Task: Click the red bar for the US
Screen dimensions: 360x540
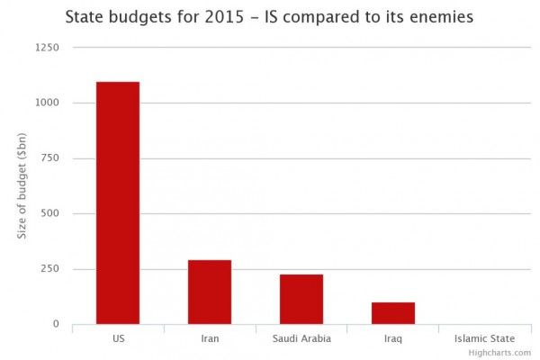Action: tap(118, 202)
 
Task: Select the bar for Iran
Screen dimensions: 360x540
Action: tap(210, 292)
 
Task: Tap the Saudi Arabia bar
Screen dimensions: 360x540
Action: tap(301, 299)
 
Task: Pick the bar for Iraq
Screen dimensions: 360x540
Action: tap(393, 313)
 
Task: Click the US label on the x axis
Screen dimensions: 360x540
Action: tap(118, 338)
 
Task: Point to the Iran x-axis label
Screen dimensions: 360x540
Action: tap(210, 338)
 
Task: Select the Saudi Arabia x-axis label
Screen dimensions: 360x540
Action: tap(301, 338)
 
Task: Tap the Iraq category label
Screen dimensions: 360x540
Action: tap(393, 338)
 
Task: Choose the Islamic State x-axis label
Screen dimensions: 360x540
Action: tap(484, 338)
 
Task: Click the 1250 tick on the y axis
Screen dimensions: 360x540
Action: tap(46, 48)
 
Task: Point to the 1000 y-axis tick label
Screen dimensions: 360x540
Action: tap(46, 103)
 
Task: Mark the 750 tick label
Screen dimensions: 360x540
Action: tap(49, 158)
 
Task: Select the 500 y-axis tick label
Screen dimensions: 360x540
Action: tap(49, 213)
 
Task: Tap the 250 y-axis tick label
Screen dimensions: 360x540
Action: tap(49, 269)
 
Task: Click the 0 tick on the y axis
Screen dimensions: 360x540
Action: tap(55, 324)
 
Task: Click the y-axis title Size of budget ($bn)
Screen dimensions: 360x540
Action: tap(22, 185)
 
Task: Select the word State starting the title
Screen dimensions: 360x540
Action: tap(86, 17)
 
